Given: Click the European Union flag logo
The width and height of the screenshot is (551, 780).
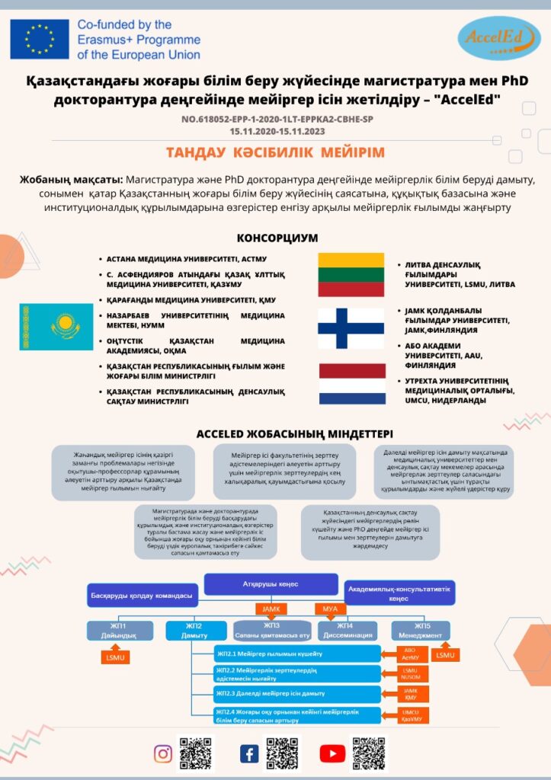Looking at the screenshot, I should pyautogui.click(x=39, y=40).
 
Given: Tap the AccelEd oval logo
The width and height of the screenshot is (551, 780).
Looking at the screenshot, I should pyautogui.click(x=499, y=39).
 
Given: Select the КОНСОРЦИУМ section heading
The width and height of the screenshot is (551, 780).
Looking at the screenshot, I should pyautogui.click(x=277, y=238).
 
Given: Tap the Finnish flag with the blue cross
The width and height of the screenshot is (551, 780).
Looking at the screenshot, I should pyautogui.click(x=351, y=328).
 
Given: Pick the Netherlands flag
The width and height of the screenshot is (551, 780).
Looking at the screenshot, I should pyautogui.click(x=351, y=383).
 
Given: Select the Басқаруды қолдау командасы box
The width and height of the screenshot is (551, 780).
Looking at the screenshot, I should pyautogui.click(x=143, y=594).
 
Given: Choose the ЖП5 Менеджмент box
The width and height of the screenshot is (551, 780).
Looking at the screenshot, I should pyautogui.click(x=421, y=630).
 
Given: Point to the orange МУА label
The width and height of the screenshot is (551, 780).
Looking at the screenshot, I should pyautogui.click(x=330, y=609).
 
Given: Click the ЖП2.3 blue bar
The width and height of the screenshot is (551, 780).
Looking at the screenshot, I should pyautogui.click(x=297, y=693).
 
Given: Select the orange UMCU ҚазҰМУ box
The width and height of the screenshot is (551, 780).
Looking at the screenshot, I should pyautogui.click(x=411, y=715).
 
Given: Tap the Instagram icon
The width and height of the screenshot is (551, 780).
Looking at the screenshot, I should pyautogui.click(x=163, y=754).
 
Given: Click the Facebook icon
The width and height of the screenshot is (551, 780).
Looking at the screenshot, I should pyautogui.click(x=249, y=754).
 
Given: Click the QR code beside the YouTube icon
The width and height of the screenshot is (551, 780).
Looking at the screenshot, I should pyautogui.click(x=369, y=753).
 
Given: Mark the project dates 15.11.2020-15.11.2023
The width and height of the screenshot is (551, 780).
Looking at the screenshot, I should pyautogui.click(x=275, y=131).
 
